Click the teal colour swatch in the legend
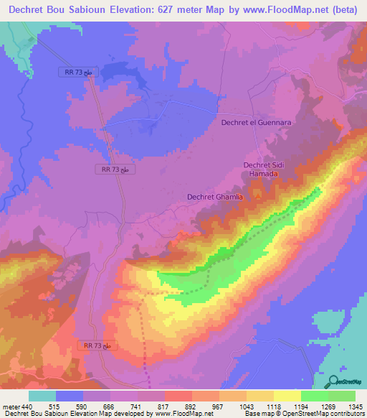(42, 395)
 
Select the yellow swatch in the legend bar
(287, 395)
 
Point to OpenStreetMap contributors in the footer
(323, 414)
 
